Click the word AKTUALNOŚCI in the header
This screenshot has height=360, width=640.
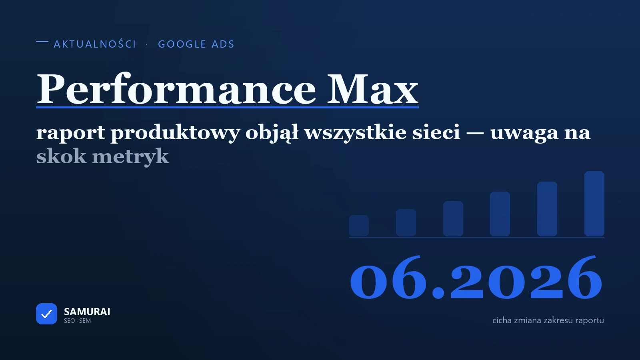point(95,44)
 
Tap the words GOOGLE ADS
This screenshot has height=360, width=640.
point(196,44)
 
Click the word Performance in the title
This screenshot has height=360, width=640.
point(176,89)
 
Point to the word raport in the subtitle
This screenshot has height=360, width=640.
point(70,133)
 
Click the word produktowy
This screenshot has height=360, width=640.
point(175,133)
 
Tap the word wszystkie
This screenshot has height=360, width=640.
point(355,133)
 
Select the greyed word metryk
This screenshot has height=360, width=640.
point(130,157)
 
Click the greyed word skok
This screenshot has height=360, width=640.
point(61,156)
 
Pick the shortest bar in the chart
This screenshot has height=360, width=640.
point(358,226)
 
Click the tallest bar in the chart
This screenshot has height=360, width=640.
point(594,204)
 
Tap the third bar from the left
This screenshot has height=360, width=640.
point(453,218)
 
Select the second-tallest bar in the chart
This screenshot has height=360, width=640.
point(547,209)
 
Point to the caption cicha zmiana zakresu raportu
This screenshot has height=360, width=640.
point(548,320)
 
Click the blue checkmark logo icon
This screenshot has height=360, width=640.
point(46,314)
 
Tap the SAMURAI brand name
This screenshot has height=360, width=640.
point(87,312)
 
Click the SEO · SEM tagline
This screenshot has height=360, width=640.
point(78,320)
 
